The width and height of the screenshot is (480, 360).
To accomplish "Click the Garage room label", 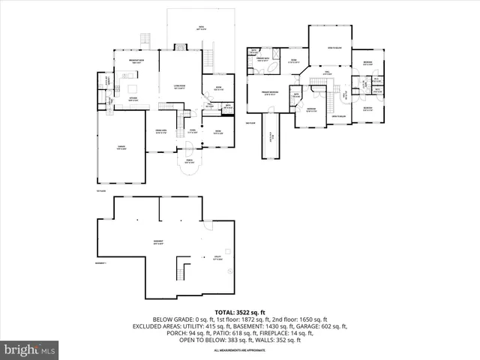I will [121, 148].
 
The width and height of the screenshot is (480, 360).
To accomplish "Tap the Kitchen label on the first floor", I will [132, 99].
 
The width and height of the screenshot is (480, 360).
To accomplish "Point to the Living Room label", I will [180, 88].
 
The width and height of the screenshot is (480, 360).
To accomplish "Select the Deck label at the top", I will [201, 28].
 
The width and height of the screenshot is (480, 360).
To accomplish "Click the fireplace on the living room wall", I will [180, 46].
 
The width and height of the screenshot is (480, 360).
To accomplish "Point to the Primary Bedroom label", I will [271, 93].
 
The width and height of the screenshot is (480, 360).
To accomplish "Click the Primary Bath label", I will [263, 59].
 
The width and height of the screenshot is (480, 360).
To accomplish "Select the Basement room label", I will [159, 242].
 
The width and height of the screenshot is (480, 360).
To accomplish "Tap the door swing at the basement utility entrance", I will [209, 226].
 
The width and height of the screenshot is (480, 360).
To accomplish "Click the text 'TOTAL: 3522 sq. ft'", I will [239, 311].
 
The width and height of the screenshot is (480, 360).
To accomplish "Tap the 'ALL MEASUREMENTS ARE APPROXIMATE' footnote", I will [239, 351].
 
